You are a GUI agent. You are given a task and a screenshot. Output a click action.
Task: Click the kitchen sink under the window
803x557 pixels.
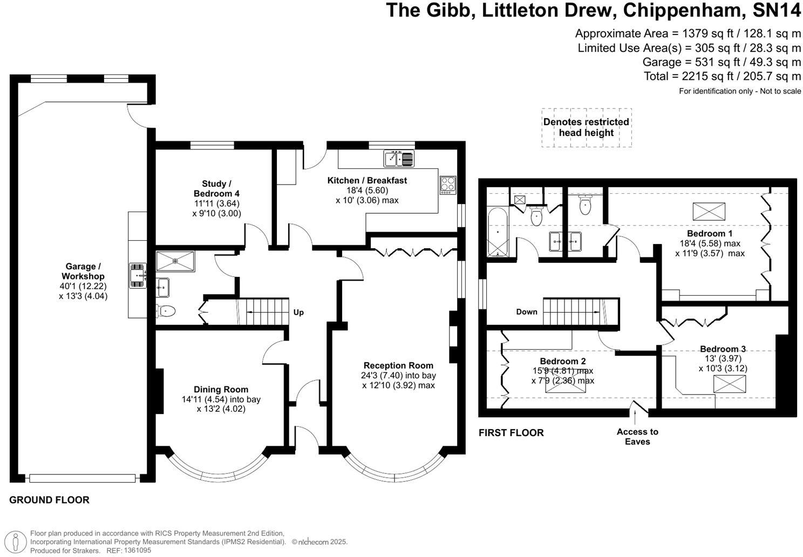tap(399, 159)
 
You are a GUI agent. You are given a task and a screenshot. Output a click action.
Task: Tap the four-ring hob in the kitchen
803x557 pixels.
tap(448, 185)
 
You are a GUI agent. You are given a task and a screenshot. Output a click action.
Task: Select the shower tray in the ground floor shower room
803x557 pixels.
tap(175, 261)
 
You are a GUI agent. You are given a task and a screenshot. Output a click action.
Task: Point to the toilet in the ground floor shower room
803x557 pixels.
tap(166, 311)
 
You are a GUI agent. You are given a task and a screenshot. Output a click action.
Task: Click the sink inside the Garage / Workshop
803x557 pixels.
tap(138, 275)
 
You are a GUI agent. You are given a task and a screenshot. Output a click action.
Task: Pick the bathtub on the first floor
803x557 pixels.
tap(497, 233)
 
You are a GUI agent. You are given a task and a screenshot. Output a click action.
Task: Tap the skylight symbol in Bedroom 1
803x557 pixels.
tap(709, 211)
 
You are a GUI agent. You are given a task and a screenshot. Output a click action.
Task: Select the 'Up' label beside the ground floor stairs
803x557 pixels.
tap(298, 312)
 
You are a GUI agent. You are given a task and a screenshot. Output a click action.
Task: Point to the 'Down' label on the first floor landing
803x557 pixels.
tap(526, 311)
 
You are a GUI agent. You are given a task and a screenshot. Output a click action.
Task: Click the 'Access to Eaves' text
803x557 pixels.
tap(637, 437)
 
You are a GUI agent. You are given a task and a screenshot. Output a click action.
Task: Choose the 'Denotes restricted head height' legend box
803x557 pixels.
tap(586, 127)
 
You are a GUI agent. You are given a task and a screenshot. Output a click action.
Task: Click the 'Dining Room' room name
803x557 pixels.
tap(221, 389)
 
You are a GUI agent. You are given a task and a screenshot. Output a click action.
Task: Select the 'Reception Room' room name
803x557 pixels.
tap(398, 365)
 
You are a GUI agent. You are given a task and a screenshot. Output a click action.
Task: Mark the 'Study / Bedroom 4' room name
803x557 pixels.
tap(216, 188)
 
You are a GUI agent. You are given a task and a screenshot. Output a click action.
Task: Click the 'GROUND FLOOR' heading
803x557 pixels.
tap(49, 500)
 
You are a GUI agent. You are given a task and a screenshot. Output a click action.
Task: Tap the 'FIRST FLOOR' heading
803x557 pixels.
tap(511, 432)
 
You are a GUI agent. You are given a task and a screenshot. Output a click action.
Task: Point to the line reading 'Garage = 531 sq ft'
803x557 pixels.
tap(722, 62)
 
